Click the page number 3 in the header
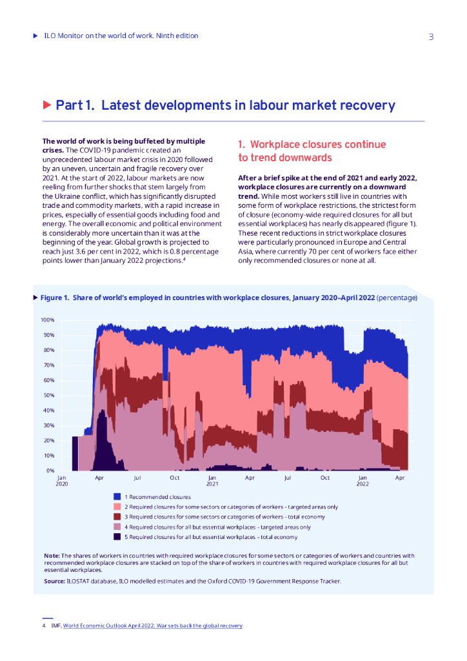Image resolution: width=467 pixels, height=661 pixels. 431,37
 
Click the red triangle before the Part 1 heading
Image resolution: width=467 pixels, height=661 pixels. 46,105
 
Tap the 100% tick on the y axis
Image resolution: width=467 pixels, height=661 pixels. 48,320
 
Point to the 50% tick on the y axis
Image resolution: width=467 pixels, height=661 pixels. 49,395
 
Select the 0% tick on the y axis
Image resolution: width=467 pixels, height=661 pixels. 50,471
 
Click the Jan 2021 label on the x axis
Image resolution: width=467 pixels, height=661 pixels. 212,481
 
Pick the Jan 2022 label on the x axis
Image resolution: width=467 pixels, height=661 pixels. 363,481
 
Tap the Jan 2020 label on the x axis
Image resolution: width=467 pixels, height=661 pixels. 62,481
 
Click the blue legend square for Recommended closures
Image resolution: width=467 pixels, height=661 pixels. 117,496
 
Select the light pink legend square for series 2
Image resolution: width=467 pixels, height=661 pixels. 117,507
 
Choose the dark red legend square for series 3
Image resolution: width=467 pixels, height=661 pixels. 117,516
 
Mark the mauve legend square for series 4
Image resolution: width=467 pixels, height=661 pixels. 117,527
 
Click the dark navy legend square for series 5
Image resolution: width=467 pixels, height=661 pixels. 117,537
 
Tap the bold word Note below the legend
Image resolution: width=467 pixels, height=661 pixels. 52,555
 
